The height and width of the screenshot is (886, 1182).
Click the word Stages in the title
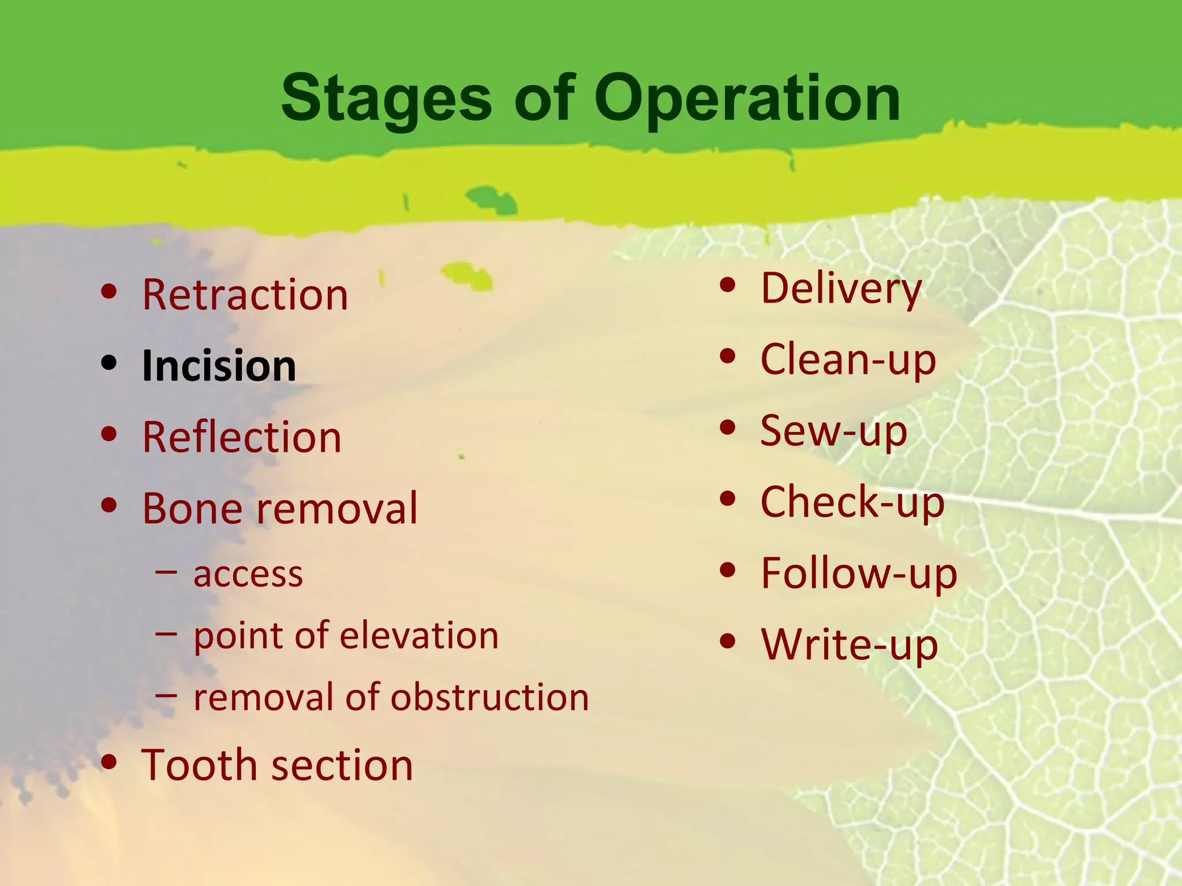coord(386,99)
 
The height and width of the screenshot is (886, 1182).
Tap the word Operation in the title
coord(747,99)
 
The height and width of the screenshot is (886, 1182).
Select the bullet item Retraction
coord(245,295)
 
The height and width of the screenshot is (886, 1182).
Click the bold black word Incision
coord(219,366)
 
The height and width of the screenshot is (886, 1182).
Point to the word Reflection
coord(242,437)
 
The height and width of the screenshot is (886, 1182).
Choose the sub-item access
coord(248,575)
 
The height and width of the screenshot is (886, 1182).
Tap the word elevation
coord(420,636)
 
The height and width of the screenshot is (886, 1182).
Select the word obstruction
coord(490,697)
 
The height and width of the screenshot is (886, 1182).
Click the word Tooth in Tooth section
coord(200,765)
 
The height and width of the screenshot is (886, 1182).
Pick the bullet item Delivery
coord(841,288)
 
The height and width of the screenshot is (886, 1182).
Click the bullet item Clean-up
coord(848,359)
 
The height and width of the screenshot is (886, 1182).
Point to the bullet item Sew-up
coord(833,430)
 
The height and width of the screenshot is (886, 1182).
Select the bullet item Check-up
coord(852,502)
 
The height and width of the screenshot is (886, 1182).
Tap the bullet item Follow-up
coord(859,573)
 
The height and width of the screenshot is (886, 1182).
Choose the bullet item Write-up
coord(850,644)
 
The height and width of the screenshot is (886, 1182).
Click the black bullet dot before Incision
coord(109,363)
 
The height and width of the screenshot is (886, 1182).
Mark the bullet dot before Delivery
coord(728,284)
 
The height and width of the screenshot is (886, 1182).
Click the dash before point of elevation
coord(166,633)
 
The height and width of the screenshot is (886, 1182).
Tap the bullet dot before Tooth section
coord(109,762)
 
